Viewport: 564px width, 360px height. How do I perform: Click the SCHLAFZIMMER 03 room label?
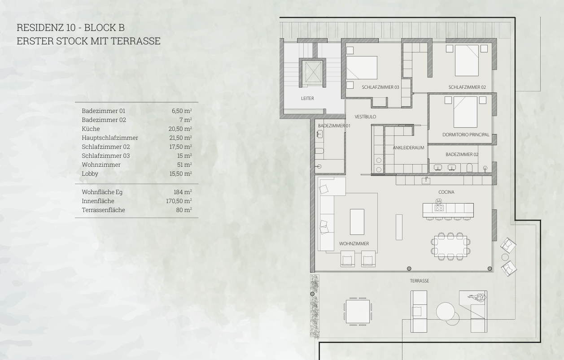(x=380, y=87)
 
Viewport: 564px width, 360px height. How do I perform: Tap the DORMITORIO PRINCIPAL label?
(x=466, y=134)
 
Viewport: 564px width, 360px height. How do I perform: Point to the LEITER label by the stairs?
(x=307, y=98)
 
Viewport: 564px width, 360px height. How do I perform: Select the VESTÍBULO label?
(x=365, y=117)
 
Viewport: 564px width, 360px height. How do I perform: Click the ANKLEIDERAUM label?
(x=408, y=147)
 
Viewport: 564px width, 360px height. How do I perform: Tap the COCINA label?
(x=446, y=192)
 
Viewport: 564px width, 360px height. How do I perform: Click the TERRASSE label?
(x=419, y=281)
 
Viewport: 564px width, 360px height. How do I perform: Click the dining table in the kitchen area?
(x=450, y=246)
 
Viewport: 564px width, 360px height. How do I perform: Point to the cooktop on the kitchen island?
(x=439, y=208)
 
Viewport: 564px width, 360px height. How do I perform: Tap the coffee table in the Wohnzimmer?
(x=357, y=222)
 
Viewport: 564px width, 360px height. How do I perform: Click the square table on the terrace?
(x=358, y=312)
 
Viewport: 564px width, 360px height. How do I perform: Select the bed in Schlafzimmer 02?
(x=467, y=61)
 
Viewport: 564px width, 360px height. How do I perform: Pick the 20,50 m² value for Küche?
(x=180, y=129)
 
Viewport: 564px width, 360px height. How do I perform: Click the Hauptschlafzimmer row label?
(x=110, y=138)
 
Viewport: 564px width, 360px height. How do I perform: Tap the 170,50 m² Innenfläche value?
(x=179, y=201)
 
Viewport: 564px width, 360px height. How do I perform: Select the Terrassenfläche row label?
(x=103, y=210)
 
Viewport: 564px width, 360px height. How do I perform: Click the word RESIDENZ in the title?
(x=40, y=28)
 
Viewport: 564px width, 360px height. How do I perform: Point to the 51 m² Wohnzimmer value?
(x=184, y=165)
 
